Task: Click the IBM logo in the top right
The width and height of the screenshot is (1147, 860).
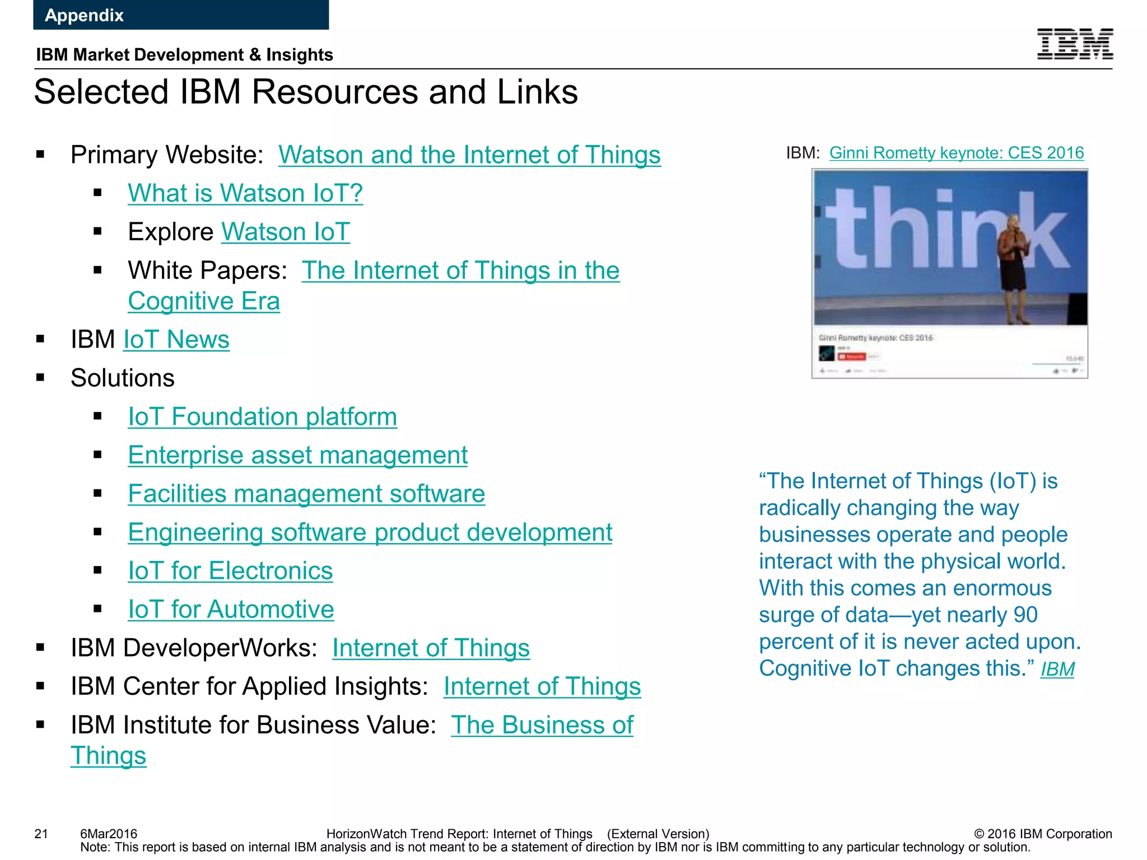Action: click(x=1075, y=44)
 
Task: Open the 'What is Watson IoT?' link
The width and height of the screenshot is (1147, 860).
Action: click(x=245, y=193)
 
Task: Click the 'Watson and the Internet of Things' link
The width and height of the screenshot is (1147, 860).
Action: click(x=469, y=155)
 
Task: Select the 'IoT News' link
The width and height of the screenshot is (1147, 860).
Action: click(x=176, y=339)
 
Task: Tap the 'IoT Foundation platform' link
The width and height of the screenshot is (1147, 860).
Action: click(x=262, y=417)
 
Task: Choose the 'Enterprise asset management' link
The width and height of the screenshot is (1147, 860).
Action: click(x=297, y=455)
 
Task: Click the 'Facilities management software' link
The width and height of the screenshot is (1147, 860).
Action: click(x=306, y=494)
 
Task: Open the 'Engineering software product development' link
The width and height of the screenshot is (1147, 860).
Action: click(x=370, y=532)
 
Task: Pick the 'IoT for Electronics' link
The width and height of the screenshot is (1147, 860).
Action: click(x=230, y=571)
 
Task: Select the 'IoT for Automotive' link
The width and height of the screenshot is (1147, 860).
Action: click(x=231, y=609)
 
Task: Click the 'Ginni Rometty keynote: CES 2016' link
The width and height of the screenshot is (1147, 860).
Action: click(x=957, y=153)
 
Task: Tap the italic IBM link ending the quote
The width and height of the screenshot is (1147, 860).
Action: click(x=1057, y=669)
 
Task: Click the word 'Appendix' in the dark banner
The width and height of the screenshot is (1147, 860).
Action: click(x=84, y=15)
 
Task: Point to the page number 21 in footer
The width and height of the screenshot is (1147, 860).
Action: click(x=41, y=834)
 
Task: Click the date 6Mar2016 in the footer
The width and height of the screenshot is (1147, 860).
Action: click(x=109, y=834)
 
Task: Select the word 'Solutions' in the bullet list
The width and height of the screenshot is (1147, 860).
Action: click(x=123, y=378)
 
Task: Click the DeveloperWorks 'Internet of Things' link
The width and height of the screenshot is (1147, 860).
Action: click(x=431, y=648)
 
